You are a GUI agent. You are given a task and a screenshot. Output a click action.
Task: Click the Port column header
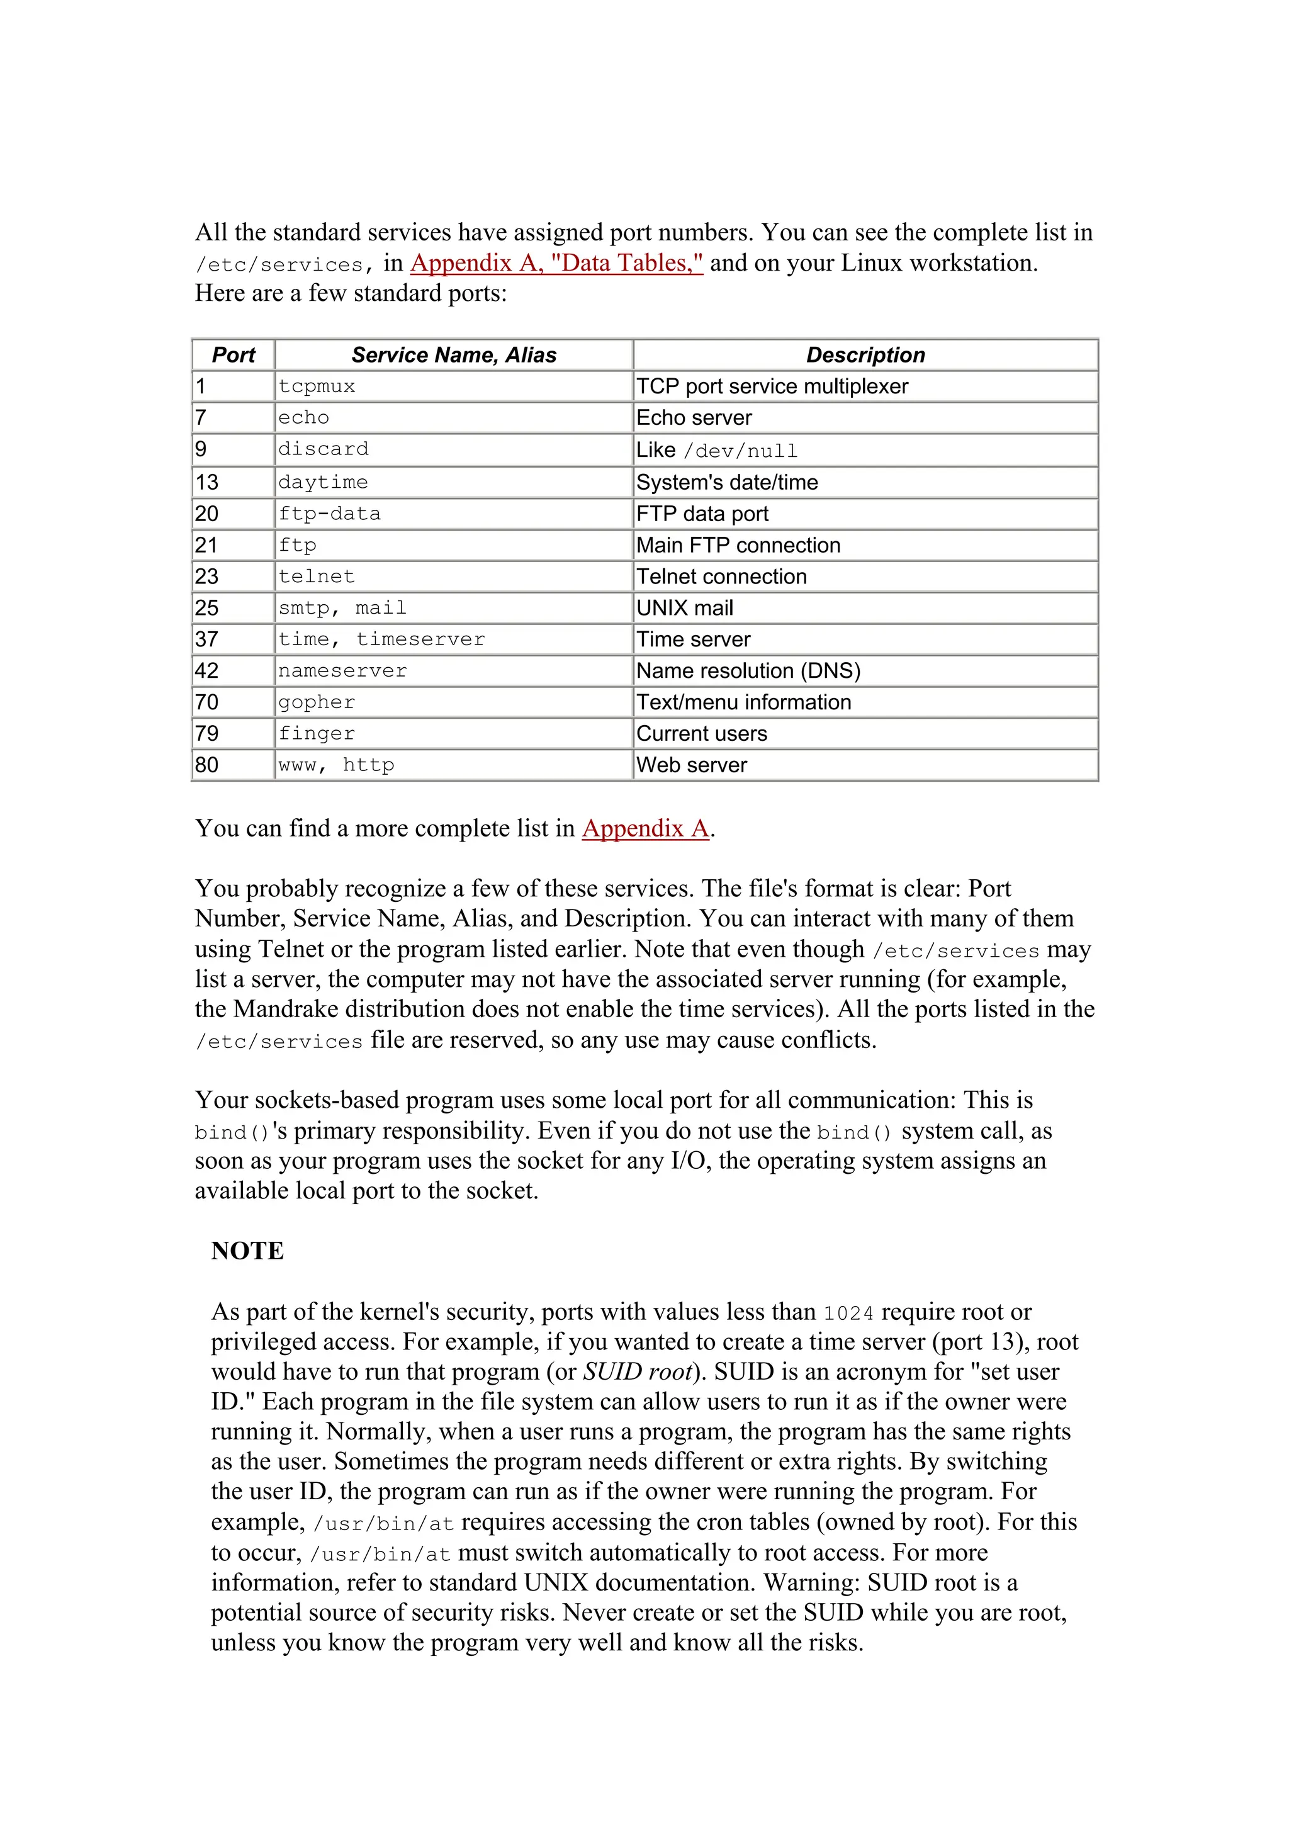[234, 355]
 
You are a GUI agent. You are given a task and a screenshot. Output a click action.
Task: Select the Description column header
[865, 355]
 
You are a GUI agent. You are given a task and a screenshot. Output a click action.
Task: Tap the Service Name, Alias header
[454, 355]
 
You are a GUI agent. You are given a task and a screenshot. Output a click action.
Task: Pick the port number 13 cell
[207, 482]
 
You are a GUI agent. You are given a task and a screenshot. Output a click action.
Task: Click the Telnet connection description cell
[721, 577]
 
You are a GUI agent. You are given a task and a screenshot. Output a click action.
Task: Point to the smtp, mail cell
[342, 609]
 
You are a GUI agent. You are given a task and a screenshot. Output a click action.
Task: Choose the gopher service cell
[317, 702]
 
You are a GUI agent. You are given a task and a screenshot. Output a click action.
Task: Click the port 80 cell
[206, 765]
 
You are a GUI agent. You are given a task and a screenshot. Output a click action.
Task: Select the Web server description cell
[692, 765]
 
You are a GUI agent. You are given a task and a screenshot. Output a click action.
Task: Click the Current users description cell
[701, 734]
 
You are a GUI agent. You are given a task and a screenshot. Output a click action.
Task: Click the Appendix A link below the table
[645, 828]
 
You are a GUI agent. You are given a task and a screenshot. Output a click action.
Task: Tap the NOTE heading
[247, 1251]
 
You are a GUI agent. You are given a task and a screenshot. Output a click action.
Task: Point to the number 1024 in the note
[848, 1313]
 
